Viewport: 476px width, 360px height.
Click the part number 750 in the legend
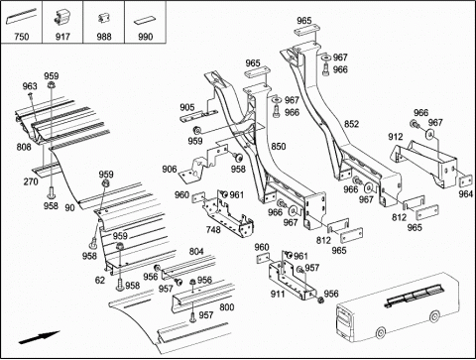point(22,37)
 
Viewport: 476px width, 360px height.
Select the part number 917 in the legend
point(62,37)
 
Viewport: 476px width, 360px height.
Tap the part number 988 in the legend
point(104,37)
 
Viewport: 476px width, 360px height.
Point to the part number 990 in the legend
point(146,37)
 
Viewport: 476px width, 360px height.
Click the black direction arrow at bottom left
point(39,337)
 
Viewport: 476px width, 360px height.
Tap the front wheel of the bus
point(381,332)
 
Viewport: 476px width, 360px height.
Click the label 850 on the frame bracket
point(279,146)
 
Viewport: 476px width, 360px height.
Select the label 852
point(351,124)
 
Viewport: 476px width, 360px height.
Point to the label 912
point(396,137)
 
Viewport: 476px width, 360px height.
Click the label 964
point(466,194)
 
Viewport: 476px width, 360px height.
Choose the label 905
point(187,107)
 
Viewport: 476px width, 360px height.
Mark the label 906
point(170,170)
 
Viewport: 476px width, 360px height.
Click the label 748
point(213,229)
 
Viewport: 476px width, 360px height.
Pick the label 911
point(278,294)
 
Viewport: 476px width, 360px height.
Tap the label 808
point(24,147)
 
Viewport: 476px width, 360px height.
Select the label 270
point(31,181)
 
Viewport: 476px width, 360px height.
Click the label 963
point(30,86)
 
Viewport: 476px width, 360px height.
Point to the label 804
point(196,252)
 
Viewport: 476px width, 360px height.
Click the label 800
point(227,307)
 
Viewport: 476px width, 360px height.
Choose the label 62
point(100,281)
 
